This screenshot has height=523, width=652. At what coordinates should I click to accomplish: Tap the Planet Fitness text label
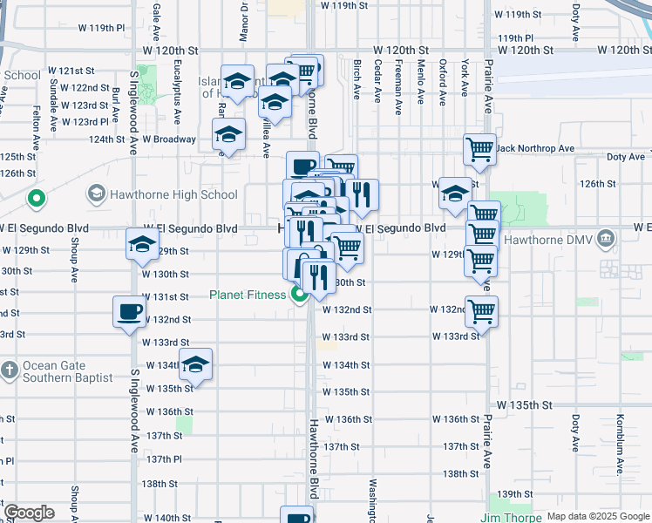click(248, 295)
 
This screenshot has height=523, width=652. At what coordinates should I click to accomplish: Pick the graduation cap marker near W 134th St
click(196, 364)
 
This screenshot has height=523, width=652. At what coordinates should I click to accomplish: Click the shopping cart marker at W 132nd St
click(480, 311)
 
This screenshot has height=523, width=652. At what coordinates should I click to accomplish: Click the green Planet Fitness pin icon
click(299, 295)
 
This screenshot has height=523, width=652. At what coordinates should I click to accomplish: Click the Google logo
click(30, 513)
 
